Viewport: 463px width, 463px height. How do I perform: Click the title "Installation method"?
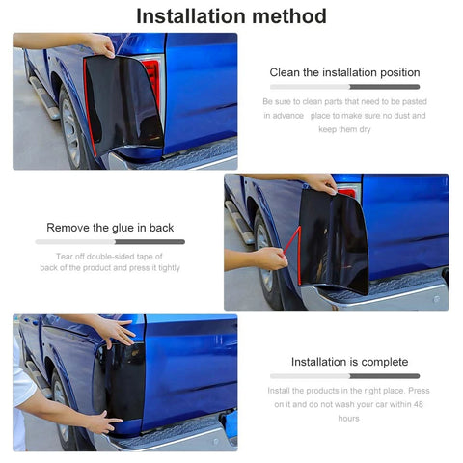click(x=231, y=16)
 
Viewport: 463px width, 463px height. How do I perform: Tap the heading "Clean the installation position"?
click(x=344, y=72)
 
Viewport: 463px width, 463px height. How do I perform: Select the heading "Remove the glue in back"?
click(x=110, y=228)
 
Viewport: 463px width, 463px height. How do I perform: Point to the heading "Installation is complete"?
click(x=349, y=362)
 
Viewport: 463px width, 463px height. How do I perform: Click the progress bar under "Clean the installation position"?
click(x=344, y=87)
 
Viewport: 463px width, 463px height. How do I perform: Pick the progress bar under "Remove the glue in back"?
click(x=110, y=242)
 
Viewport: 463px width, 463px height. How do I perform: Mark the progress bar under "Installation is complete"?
click(x=344, y=376)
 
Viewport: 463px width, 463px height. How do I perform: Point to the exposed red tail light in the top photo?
click(x=151, y=80)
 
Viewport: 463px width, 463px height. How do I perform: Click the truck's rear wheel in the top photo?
click(x=71, y=128)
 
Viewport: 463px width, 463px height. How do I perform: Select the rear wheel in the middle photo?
click(x=266, y=258)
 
